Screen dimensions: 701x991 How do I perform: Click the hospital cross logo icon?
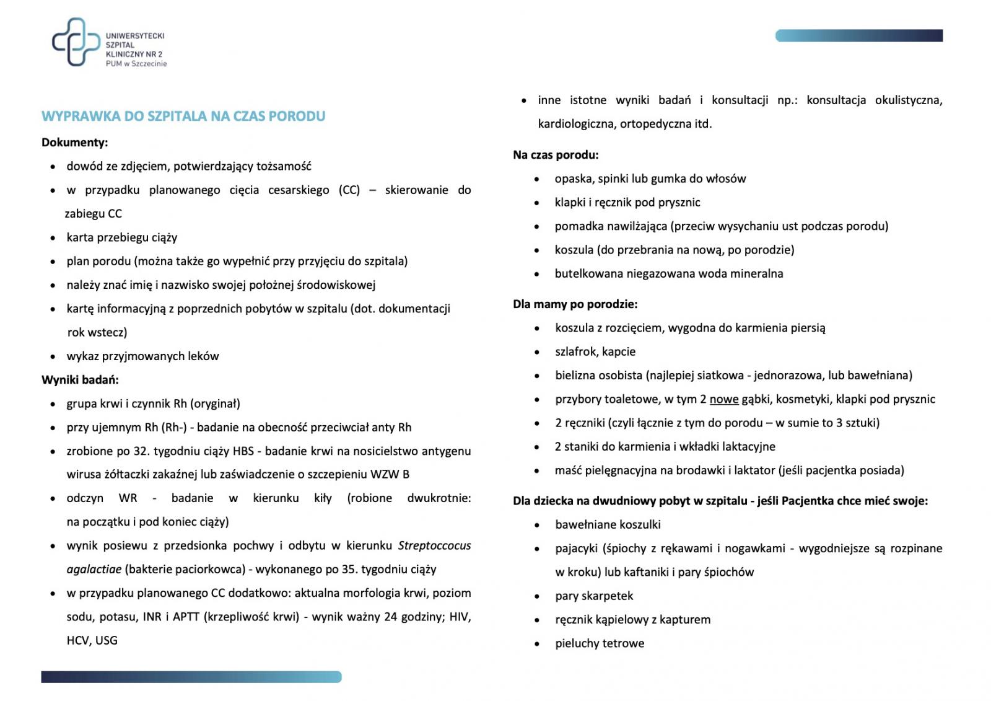[x=76, y=42]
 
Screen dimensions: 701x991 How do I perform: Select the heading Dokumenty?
[x=74, y=143]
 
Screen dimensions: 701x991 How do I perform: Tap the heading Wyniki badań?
[x=80, y=379]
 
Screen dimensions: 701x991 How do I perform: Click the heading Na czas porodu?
[x=555, y=155]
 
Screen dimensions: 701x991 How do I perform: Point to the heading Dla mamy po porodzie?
[x=575, y=304]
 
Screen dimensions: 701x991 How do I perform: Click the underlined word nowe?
[x=723, y=399]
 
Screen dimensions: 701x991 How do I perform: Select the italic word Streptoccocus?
[x=434, y=545]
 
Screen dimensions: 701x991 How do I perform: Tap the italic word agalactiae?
[x=94, y=569]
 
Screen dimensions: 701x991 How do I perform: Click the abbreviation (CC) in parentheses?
[x=349, y=190]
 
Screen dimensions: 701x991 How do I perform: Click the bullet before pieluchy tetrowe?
[x=537, y=644]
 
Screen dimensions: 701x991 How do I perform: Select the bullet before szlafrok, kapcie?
[x=537, y=352]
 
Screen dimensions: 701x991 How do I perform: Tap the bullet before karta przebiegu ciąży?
[x=53, y=238]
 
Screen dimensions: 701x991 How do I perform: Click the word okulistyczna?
[x=908, y=100]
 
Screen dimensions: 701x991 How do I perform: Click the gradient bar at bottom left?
[x=191, y=677]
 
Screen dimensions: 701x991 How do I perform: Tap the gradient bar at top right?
[x=858, y=36]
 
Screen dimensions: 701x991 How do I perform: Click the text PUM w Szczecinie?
[x=136, y=63]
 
